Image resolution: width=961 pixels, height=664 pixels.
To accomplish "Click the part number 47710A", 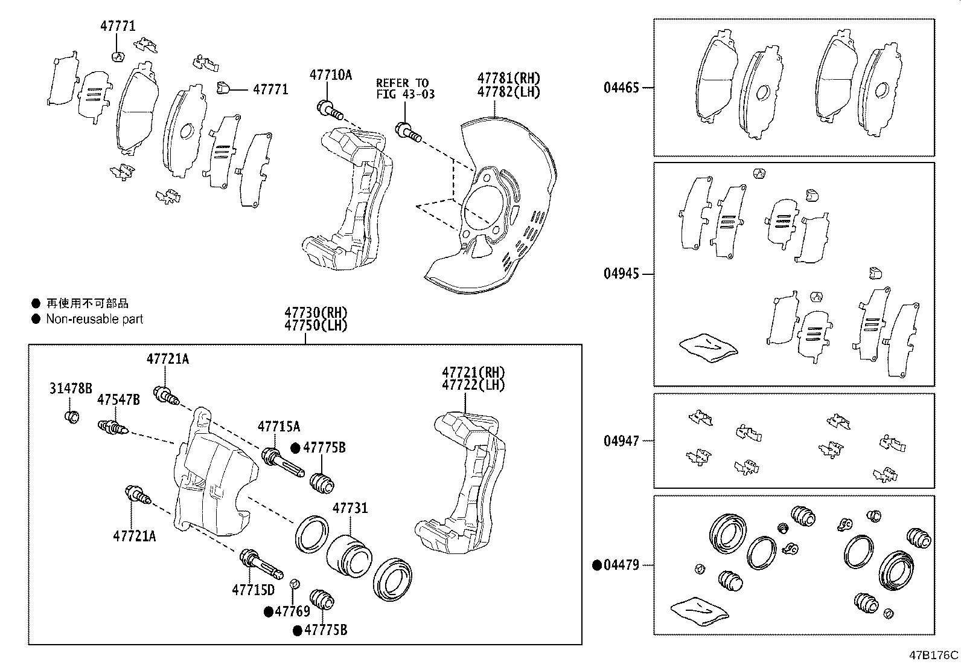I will click(x=330, y=75).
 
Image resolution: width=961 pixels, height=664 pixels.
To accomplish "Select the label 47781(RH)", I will click(x=508, y=78).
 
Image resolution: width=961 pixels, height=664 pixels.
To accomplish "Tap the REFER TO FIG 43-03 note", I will click(x=404, y=88).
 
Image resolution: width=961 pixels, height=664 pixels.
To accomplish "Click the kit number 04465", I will click(x=621, y=88).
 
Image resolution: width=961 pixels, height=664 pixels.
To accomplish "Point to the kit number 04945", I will click(x=621, y=274).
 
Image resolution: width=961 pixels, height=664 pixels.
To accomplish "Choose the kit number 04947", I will click(x=621, y=441).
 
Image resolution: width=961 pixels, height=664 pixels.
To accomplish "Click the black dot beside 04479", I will click(x=596, y=566).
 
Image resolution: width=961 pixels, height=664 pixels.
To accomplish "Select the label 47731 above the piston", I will click(x=350, y=508).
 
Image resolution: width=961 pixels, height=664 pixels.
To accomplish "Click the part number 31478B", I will click(x=71, y=388).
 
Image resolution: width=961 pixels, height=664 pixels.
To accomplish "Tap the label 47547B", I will click(x=119, y=399).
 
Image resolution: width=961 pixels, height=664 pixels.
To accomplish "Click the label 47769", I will click(x=292, y=611).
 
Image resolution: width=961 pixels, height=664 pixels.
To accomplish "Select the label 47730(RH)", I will click(x=316, y=313).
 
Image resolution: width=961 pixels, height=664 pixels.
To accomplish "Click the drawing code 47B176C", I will click(x=934, y=655).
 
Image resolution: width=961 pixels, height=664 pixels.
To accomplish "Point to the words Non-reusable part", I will click(x=95, y=319).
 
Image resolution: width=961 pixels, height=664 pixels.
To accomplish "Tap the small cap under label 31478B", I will click(x=72, y=417).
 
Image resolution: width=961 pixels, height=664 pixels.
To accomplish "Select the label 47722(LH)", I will click(x=473, y=385).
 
